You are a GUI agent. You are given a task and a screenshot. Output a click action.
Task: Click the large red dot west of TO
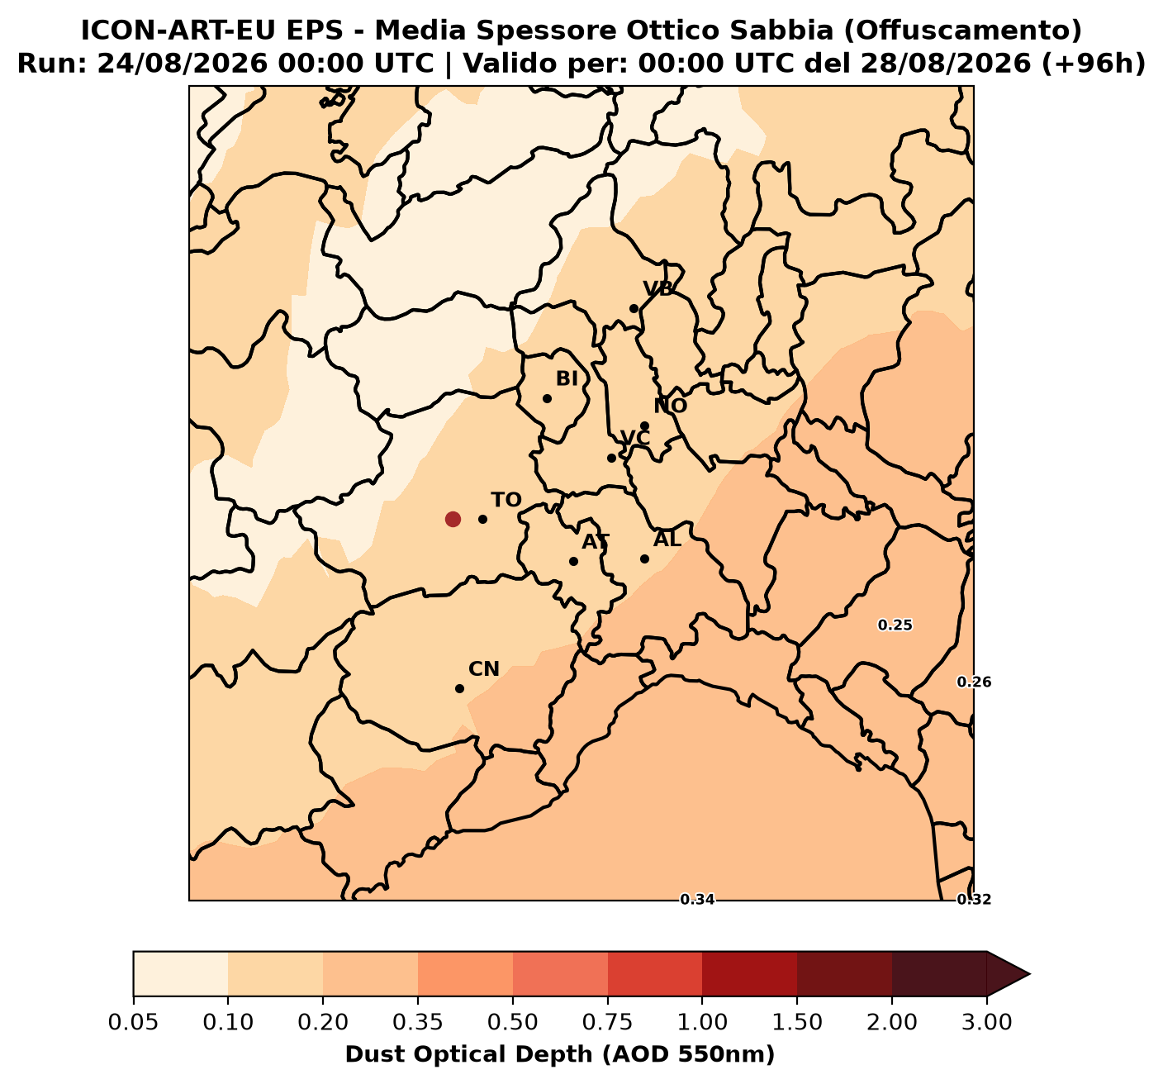pyautogui.click(x=452, y=519)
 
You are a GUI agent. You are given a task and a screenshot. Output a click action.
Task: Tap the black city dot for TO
pyautogui.click(x=482, y=519)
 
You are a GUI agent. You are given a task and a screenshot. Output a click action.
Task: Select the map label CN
pyautogui.click(x=484, y=669)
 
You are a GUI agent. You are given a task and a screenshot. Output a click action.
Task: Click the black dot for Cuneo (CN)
pyautogui.click(x=460, y=688)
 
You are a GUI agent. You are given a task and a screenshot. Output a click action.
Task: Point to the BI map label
pyautogui.click(x=567, y=379)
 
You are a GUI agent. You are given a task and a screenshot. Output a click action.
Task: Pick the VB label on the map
pyautogui.click(x=658, y=289)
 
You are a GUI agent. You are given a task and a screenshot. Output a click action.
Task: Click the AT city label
pyautogui.click(x=596, y=542)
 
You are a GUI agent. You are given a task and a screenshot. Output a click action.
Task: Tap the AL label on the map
pyautogui.click(x=667, y=539)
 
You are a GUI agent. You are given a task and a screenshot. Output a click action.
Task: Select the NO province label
pyautogui.click(x=671, y=406)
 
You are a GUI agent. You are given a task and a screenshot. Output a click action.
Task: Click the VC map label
pyautogui.click(x=635, y=438)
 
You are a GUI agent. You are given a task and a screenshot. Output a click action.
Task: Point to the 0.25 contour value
pyautogui.click(x=895, y=625)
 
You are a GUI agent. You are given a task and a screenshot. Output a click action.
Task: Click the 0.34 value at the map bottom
pyautogui.click(x=697, y=900)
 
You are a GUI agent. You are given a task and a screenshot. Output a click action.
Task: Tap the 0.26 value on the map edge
pyautogui.click(x=974, y=682)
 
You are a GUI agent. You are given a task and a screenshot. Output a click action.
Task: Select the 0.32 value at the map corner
pyautogui.click(x=974, y=900)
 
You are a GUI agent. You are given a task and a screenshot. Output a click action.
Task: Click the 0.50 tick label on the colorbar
pyautogui.click(x=512, y=1022)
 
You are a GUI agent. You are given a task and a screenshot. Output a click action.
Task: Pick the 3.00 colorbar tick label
pyautogui.click(x=987, y=1022)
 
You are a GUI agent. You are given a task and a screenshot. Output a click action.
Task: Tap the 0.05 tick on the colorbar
pyautogui.click(x=134, y=1022)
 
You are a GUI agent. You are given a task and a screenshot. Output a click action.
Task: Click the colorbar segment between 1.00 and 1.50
pyautogui.click(x=749, y=974)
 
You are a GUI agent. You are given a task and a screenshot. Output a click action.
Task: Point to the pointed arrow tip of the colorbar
pyautogui.click(x=1029, y=974)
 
